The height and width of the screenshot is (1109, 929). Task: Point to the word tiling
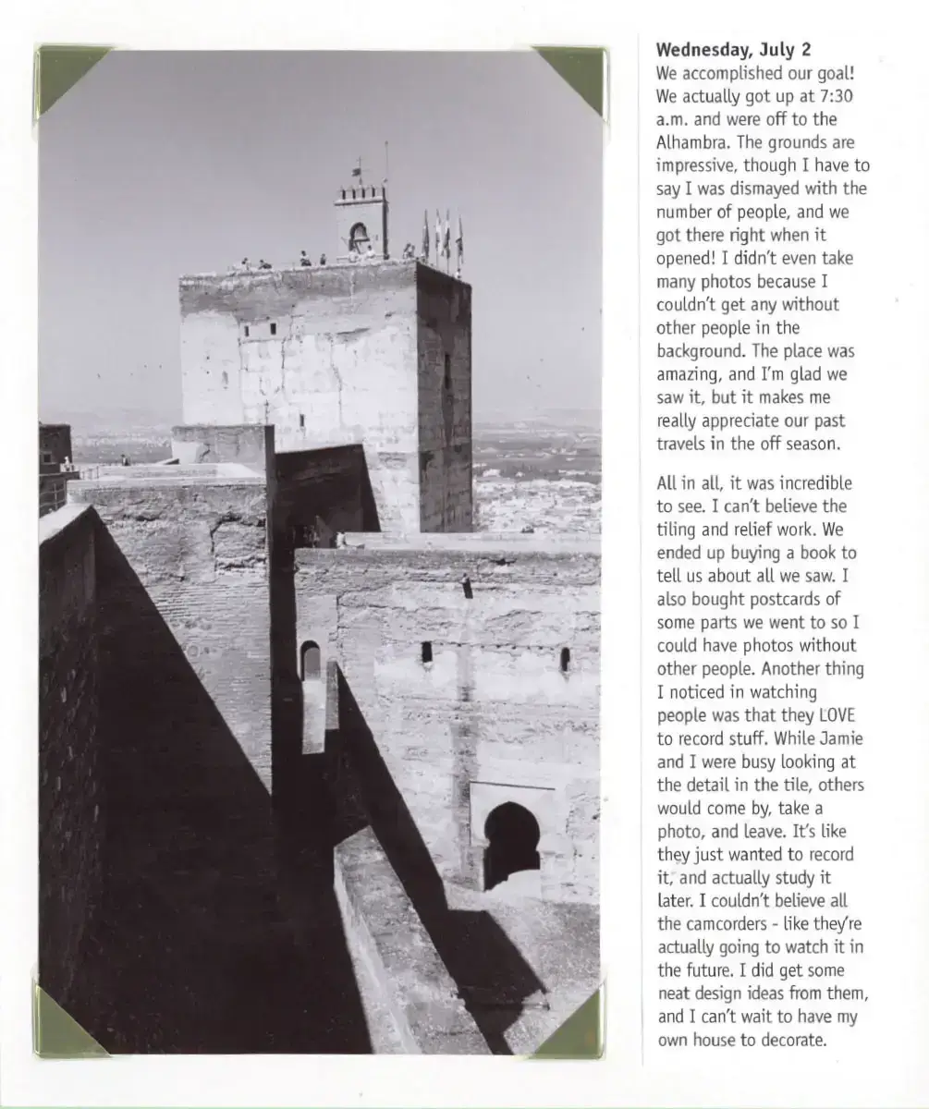click(678, 530)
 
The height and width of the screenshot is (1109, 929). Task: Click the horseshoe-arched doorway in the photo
click(511, 842)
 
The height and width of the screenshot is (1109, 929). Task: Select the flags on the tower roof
click(443, 236)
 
